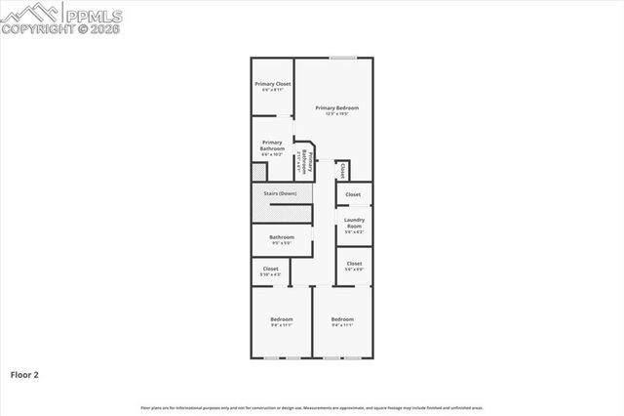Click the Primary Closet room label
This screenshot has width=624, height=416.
(x=272, y=84)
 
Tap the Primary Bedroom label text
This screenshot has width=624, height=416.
(x=336, y=107)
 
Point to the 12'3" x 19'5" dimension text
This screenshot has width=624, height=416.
(x=336, y=113)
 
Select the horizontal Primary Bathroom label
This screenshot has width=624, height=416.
(x=272, y=146)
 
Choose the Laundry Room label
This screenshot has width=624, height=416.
(x=354, y=223)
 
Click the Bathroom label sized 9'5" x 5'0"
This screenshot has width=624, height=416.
(x=282, y=236)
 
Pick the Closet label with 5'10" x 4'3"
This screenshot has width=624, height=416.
(x=271, y=269)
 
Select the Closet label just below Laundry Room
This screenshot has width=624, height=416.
(x=354, y=264)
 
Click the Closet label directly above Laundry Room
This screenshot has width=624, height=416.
(x=353, y=194)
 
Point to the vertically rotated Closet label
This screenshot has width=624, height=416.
(x=344, y=171)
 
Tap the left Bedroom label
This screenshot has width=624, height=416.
(x=281, y=319)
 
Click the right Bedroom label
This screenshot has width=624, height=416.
(x=341, y=319)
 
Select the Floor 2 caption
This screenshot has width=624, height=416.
(x=24, y=374)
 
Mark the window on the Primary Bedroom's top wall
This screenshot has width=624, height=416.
(x=341, y=59)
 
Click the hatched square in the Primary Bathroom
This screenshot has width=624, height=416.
(x=258, y=172)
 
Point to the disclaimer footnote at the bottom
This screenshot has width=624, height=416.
(x=311, y=407)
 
